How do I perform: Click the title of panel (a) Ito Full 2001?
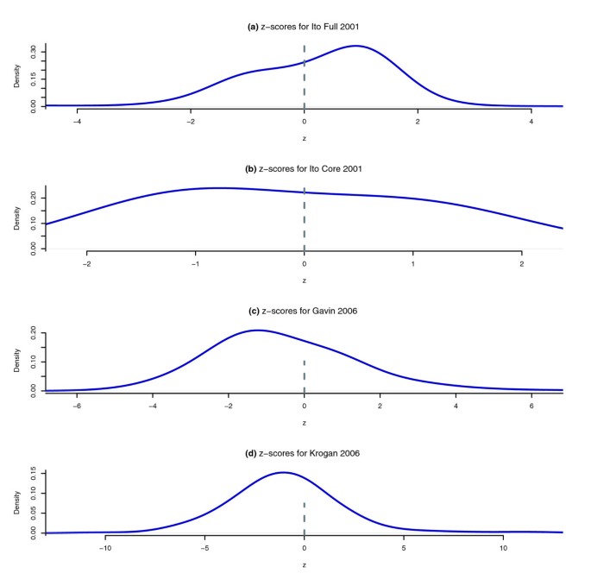pos(304,27)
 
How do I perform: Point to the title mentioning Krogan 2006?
pos(304,452)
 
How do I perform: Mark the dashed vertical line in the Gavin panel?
pos(304,375)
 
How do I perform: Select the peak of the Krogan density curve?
pos(283,472)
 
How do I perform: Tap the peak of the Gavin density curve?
pos(256,330)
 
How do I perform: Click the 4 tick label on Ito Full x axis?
pos(531,122)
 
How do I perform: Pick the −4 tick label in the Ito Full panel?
pos(77,122)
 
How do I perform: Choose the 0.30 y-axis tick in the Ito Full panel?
pos(35,52)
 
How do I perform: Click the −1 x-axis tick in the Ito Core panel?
pos(195,263)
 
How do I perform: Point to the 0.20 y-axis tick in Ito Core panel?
pos(35,198)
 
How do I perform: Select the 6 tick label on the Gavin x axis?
pos(531,406)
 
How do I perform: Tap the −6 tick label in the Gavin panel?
pos(77,406)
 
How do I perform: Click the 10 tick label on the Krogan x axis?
pos(503,547)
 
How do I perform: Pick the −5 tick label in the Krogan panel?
pos(204,547)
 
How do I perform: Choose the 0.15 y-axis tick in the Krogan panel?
pos(35,472)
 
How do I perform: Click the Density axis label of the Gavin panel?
pos(17,361)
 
